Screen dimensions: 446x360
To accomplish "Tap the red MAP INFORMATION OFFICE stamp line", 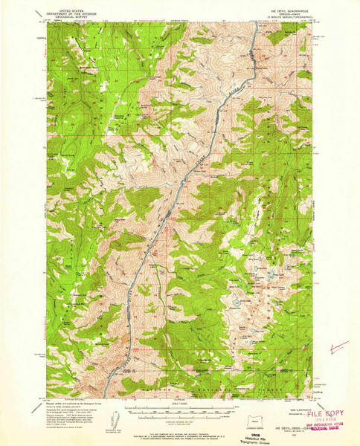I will (x=327, y=424).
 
